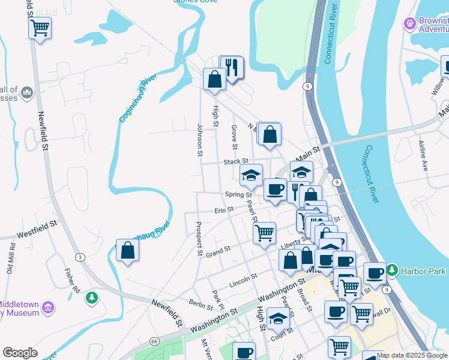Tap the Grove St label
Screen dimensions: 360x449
(234, 137)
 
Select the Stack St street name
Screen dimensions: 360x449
(235, 161)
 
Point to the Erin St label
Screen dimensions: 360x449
(223, 211)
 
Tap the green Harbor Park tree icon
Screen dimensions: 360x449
(392, 271)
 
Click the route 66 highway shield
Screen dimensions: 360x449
(154, 341)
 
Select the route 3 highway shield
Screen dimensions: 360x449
(80, 257)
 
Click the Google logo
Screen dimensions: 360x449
(20, 353)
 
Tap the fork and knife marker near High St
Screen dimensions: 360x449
(234, 67)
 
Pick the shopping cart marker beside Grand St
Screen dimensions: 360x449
(264, 232)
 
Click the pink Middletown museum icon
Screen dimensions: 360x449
(48, 308)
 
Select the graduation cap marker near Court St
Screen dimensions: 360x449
(278, 319)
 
